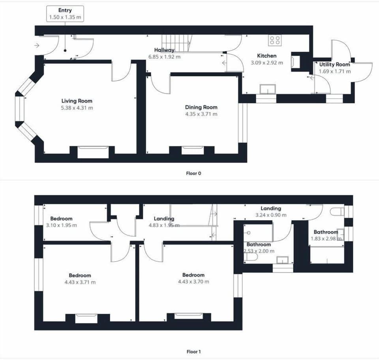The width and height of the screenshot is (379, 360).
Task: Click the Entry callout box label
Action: point(65,10)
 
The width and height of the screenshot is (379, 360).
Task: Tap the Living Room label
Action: point(77,101)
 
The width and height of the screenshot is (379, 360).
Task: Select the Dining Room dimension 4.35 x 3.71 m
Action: point(201,114)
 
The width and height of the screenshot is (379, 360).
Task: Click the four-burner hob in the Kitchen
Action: point(274,40)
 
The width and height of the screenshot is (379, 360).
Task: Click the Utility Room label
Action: point(334,64)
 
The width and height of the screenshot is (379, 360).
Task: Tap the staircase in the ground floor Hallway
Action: point(177,42)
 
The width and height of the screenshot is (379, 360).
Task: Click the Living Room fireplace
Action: point(93,152)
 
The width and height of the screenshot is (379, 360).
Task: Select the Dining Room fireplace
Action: point(192,151)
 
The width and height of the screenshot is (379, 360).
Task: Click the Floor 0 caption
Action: point(196,173)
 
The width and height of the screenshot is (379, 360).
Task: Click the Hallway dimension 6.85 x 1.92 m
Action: point(164,57)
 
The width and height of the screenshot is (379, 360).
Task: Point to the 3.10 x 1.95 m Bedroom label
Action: point(61,219)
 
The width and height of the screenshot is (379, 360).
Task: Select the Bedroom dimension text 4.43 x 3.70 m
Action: point(193,282)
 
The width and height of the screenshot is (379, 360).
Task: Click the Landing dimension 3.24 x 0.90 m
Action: point(270,215)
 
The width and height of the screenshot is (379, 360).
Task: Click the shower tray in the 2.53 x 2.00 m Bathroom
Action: point(259,232)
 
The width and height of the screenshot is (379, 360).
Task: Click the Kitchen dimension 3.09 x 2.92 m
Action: point(267,62)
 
